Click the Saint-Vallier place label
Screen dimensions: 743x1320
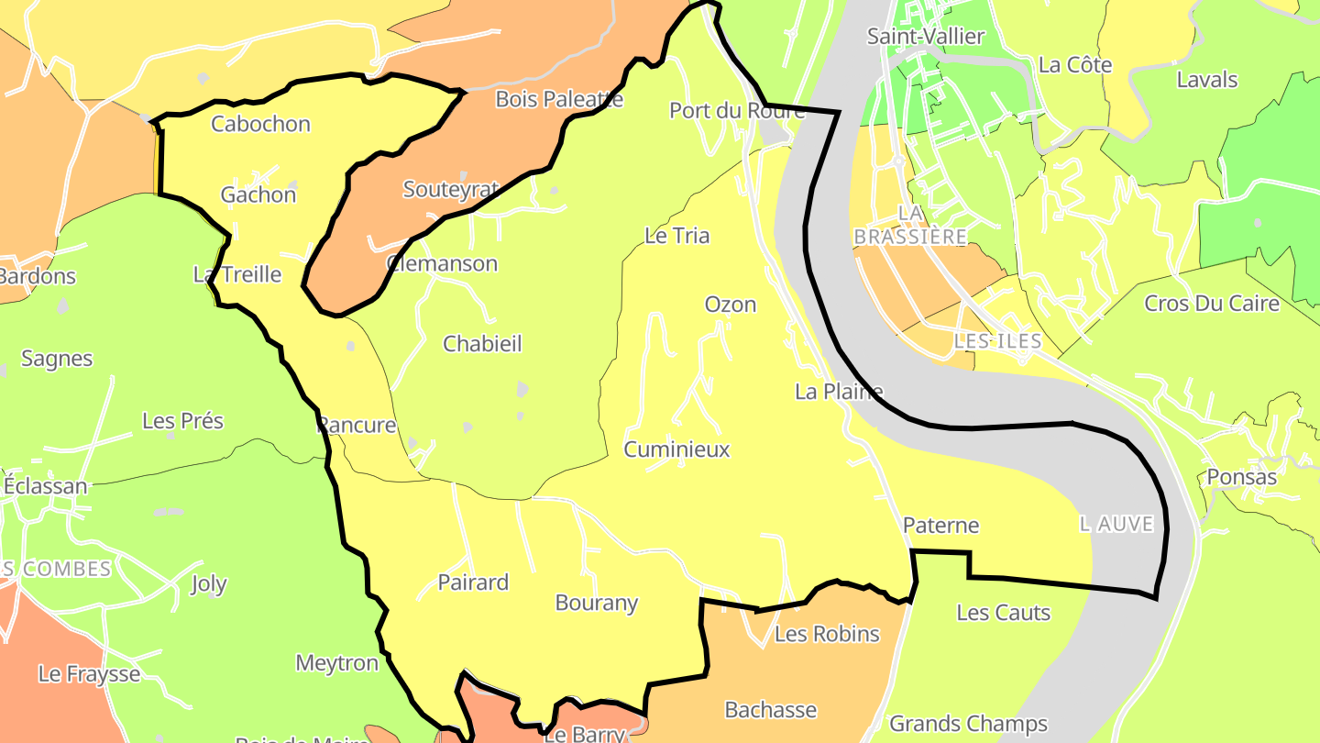[x=926, y=37]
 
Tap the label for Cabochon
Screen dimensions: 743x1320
[x=260, y=124]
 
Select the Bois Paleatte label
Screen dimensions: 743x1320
[x=559, y=99]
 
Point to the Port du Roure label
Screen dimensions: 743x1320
[x=736, y=111]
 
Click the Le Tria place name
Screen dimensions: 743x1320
[x=677, y=236]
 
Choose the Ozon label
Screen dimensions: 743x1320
[x=731, y=305]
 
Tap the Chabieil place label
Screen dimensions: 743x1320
[x=482, y=344]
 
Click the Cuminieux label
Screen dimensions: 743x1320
[x=676, y=449]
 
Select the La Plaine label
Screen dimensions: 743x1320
[x=839, y=392]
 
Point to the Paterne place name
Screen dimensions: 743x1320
[x=940, y=526]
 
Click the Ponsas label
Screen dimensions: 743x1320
[x=1242, y=478]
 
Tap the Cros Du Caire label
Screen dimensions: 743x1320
[x=1211, y=303]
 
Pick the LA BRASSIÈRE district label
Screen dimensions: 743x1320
[x=910, y=225]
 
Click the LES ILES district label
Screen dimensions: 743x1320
[x=997, y=341]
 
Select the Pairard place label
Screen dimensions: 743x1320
[x=473, y=582]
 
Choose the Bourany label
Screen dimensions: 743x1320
[x=597, y=603]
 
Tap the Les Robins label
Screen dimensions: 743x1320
[x=827, y=634]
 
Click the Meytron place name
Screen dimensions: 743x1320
[x=336, y=663]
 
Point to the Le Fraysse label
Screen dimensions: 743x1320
[x=89, y=674]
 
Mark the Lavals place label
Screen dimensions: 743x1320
[x=1207, y=80]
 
